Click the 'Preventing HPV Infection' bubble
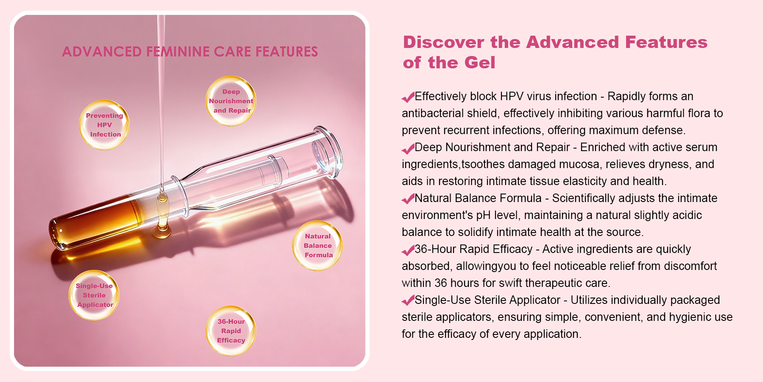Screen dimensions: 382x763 tap(104, 125)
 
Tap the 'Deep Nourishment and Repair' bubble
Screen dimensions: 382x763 tap(231, 101)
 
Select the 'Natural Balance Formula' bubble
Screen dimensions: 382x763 tap(317, 246)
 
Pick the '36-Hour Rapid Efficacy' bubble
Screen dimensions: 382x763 tap(231, 331)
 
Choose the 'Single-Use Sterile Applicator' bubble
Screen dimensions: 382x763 tap(94, 295)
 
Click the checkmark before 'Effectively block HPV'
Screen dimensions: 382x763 tap(408, 98)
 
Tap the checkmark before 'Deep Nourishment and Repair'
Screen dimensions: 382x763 tap(408, 149)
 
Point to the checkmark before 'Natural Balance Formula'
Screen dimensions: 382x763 tap(408, 199)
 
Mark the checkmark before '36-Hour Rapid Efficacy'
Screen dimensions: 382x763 tap(408, 250)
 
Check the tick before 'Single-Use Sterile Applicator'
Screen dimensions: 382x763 tap(408, 301)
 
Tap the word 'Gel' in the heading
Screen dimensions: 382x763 tap(479, 63)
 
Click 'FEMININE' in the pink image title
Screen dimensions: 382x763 tap(178, 52)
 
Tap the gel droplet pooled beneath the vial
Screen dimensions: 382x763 tap(162, 231)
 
